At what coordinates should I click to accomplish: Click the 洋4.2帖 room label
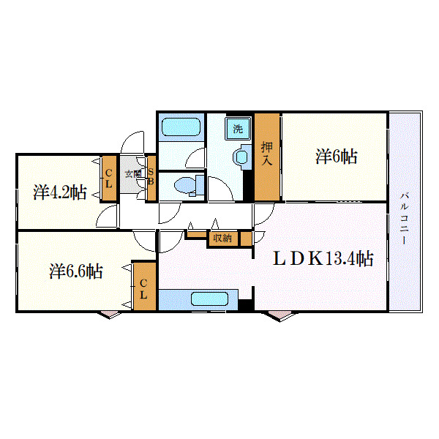point(60,192)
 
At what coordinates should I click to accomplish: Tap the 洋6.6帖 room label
point(75,271)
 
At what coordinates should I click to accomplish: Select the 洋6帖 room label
point(337,156)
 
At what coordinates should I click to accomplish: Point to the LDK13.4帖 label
point(323,258)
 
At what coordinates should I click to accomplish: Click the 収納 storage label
point(222,238)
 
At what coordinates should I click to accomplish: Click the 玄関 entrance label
point(132,174)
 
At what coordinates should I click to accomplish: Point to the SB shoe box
point(151,178)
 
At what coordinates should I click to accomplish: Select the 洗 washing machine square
point(238,129)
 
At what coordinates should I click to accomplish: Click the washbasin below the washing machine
point(239,156)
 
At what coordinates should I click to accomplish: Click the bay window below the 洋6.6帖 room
point(109,315)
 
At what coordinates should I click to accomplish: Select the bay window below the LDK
point(280,315)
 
